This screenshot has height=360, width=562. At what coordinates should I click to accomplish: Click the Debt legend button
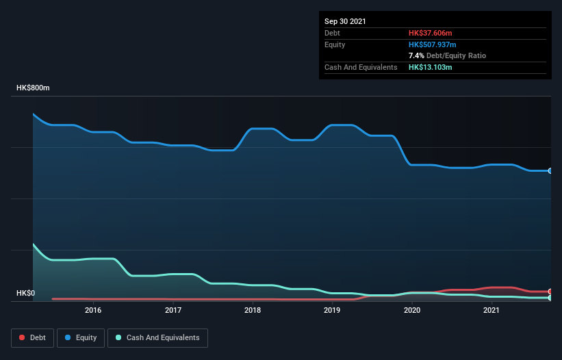click(x=31, y=337)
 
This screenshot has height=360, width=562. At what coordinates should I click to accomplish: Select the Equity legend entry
click(x=81, y=337)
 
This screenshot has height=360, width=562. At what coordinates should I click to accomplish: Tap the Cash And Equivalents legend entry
click(x=157, y=337)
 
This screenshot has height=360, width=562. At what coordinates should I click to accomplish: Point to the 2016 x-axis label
click(x=93, y=310)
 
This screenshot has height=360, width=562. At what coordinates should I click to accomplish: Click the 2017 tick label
click(x=173, y=310)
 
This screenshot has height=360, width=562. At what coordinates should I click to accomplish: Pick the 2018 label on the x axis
click(x=253, y=310)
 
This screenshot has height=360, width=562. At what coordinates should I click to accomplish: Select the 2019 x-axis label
click(x=332, y=310)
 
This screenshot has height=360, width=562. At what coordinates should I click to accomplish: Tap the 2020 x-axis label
click(x=412, y=310)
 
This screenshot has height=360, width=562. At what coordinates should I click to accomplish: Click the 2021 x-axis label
click(x=491, y=310)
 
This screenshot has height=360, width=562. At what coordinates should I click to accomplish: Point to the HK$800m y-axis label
click(x=34, y=88)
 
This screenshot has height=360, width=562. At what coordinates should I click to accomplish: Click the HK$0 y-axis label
click(x=26, y=294)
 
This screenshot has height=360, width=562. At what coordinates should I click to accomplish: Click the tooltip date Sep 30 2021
click(x=345, y=21)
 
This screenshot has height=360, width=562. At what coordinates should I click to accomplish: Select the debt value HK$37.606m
click(x=431, y=33)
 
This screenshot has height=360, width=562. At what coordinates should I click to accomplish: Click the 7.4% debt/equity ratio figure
click(x=416, y=55)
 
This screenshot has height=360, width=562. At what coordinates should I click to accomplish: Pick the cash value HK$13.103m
click(x=431, y=67)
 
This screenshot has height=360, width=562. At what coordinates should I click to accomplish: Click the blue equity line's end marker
click(x=550, y=170)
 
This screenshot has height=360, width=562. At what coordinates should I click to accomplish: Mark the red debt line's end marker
click(x=550, y=292)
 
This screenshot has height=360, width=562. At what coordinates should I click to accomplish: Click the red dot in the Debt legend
click(x=23, y=337)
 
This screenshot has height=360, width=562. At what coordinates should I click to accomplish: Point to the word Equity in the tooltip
click(x=335, y=44)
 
